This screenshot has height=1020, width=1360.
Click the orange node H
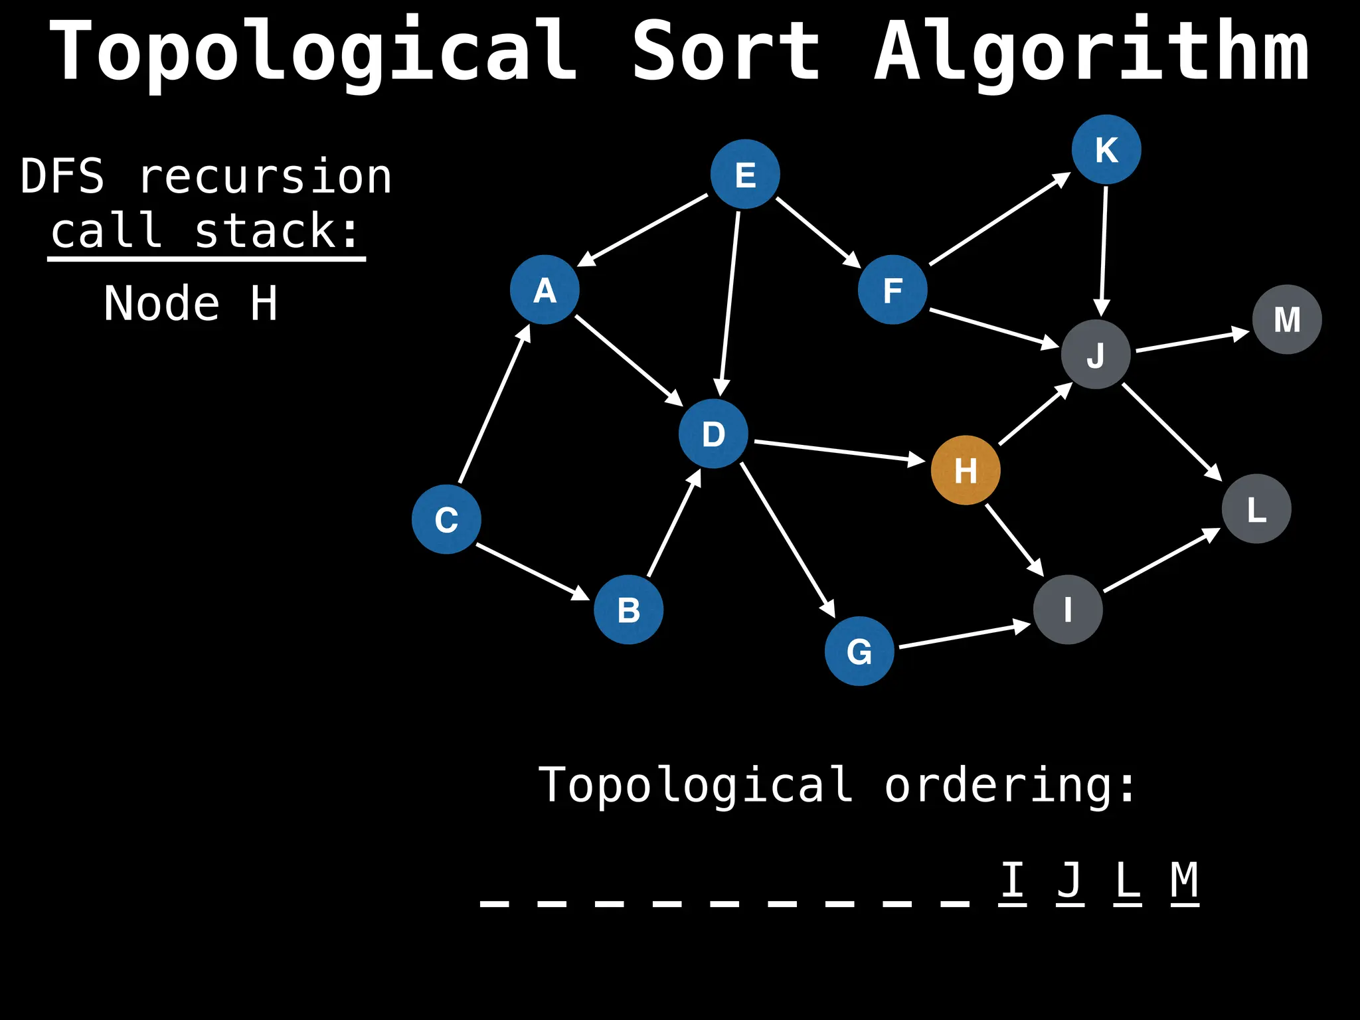[x=966, y=470]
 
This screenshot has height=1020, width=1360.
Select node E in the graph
[x=745, y=174]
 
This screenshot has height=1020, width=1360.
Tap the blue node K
[x=1106, y=149]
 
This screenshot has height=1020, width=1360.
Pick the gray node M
[x=1287, y=319]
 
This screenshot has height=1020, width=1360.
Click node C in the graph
[x=446, y=519]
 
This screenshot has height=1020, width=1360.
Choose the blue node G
[x=859, y=651]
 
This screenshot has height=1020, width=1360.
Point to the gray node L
[x=1256, y=509]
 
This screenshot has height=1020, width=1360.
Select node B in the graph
[x=628, y=610]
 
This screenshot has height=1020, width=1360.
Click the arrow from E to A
[x=643, y=230]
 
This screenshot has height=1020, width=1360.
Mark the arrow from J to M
[x=1193, y=341]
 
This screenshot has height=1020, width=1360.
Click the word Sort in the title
[x=726, y=52]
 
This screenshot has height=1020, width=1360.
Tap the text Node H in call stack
[x=191, y=303]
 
